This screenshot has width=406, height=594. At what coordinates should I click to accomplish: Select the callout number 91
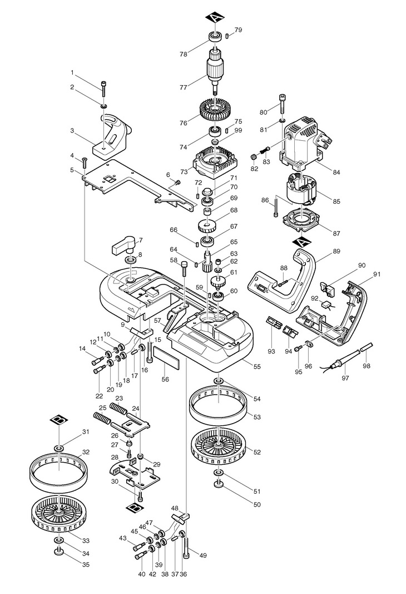(x=377, y=273)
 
